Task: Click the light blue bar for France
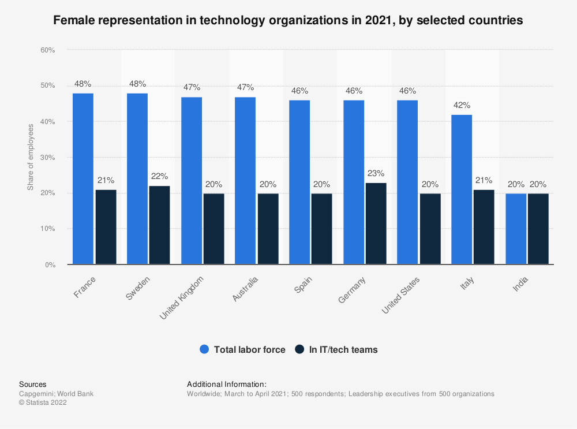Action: click(83, 179)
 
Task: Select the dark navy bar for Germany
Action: click(376, 223)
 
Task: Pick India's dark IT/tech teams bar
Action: click(538, 229)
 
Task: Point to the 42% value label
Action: click(462, 106)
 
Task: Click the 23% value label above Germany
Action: click(376, 173)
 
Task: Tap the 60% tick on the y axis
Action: click(47, 50)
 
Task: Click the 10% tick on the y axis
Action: click(47, 229)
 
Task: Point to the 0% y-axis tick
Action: click(49, 264)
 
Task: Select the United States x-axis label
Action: click(402, 294)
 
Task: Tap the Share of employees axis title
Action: click(31, 157)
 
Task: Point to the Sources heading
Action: click(33, 384)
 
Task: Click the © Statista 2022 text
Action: click(43, 403)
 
